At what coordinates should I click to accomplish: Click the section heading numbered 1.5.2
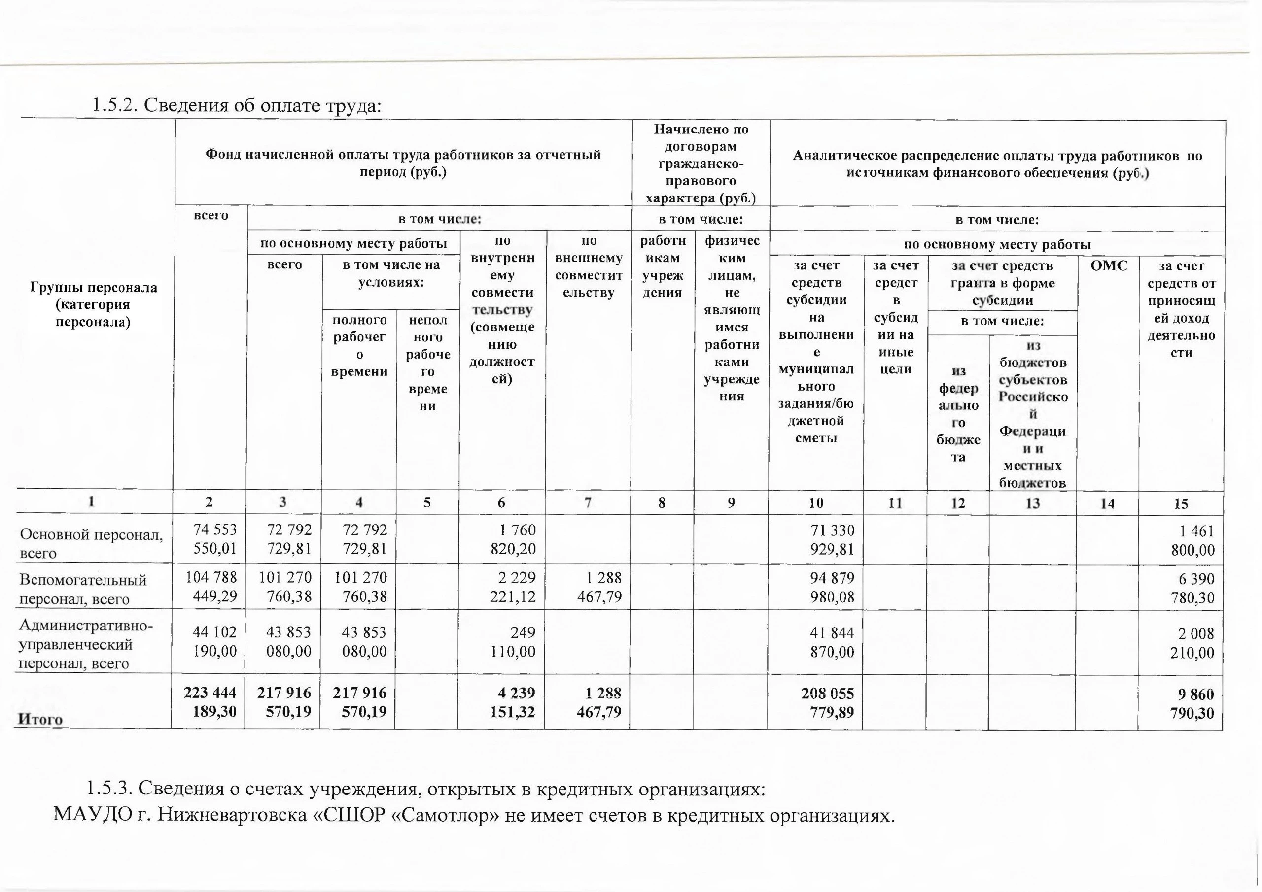[236, 104]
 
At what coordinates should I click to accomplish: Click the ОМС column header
[1108, 266]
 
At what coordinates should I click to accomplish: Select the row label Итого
[40, 719]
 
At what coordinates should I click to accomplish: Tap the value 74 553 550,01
[215, 539]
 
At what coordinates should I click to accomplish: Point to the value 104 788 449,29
[211, 587]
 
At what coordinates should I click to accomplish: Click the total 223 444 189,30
[210, 702]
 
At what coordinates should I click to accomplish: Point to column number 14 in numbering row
[1108, 503]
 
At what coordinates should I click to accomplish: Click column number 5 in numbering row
[427, 502]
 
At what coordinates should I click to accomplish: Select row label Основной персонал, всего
[91, 543]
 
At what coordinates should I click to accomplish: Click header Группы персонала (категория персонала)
[94, 304]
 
